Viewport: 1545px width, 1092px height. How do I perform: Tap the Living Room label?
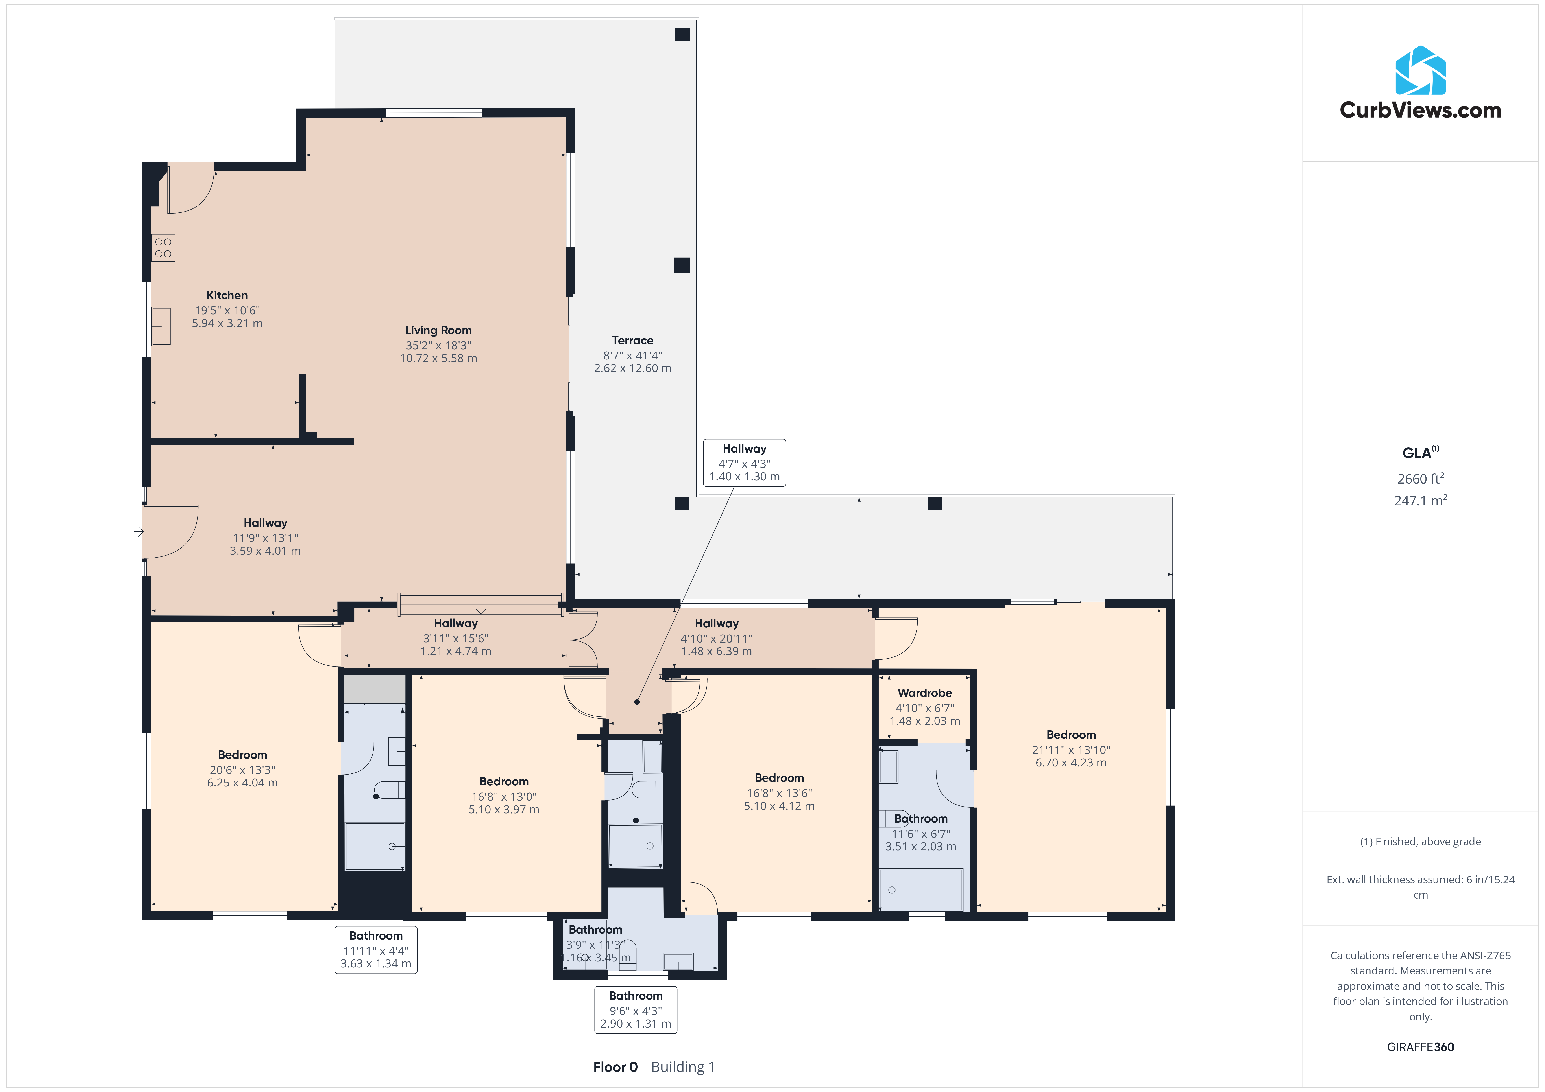(438, 330)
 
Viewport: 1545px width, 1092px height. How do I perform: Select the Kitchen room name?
(227, 295)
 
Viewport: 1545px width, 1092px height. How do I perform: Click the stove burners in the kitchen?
(163, 248)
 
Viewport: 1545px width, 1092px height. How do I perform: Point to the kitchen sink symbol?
(161, 326)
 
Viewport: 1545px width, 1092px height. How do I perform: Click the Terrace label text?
(632, 341)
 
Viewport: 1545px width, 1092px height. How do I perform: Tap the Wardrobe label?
(925, 693)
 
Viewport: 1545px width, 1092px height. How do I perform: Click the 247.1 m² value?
(1421, 501)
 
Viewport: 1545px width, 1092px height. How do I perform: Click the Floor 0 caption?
(615, 1067)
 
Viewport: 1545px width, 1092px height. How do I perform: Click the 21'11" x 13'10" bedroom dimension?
(1071, 750)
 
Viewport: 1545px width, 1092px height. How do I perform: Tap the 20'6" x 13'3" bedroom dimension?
(242, 770)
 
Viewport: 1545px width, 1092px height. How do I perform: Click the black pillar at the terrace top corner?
(682, 34)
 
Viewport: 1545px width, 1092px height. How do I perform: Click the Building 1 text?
(682, 1067)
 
